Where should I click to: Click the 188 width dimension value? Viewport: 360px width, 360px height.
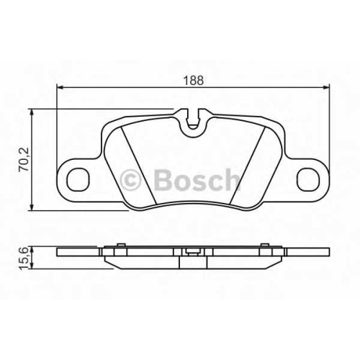pyautogui.click(x=194, y=80)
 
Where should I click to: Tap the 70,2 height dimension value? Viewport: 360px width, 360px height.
pyautogui.click(x=24, y=159)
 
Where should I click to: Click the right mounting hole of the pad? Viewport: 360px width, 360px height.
pyautogui.click(x=308, y=179)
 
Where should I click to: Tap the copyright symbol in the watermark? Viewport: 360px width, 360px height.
pyautogui.click(x=130, y=180)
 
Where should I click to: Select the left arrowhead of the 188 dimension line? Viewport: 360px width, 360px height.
pyautogui.click(x=60, y=87)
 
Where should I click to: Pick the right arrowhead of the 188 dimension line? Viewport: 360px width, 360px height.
pyautogui.click(x=326, y=87)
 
